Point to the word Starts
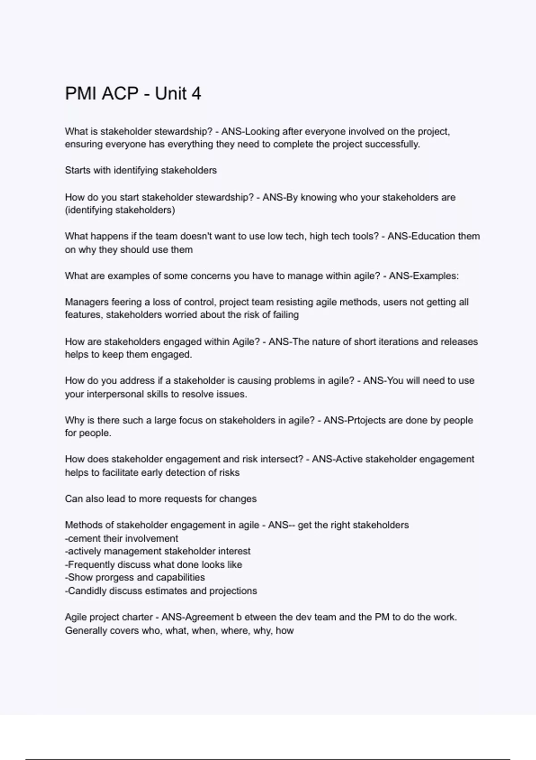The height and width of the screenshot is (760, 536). (x=77, y=170)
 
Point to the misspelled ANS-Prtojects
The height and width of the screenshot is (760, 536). (x=353, y=420)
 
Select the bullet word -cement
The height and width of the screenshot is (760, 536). (x=83, y=539)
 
